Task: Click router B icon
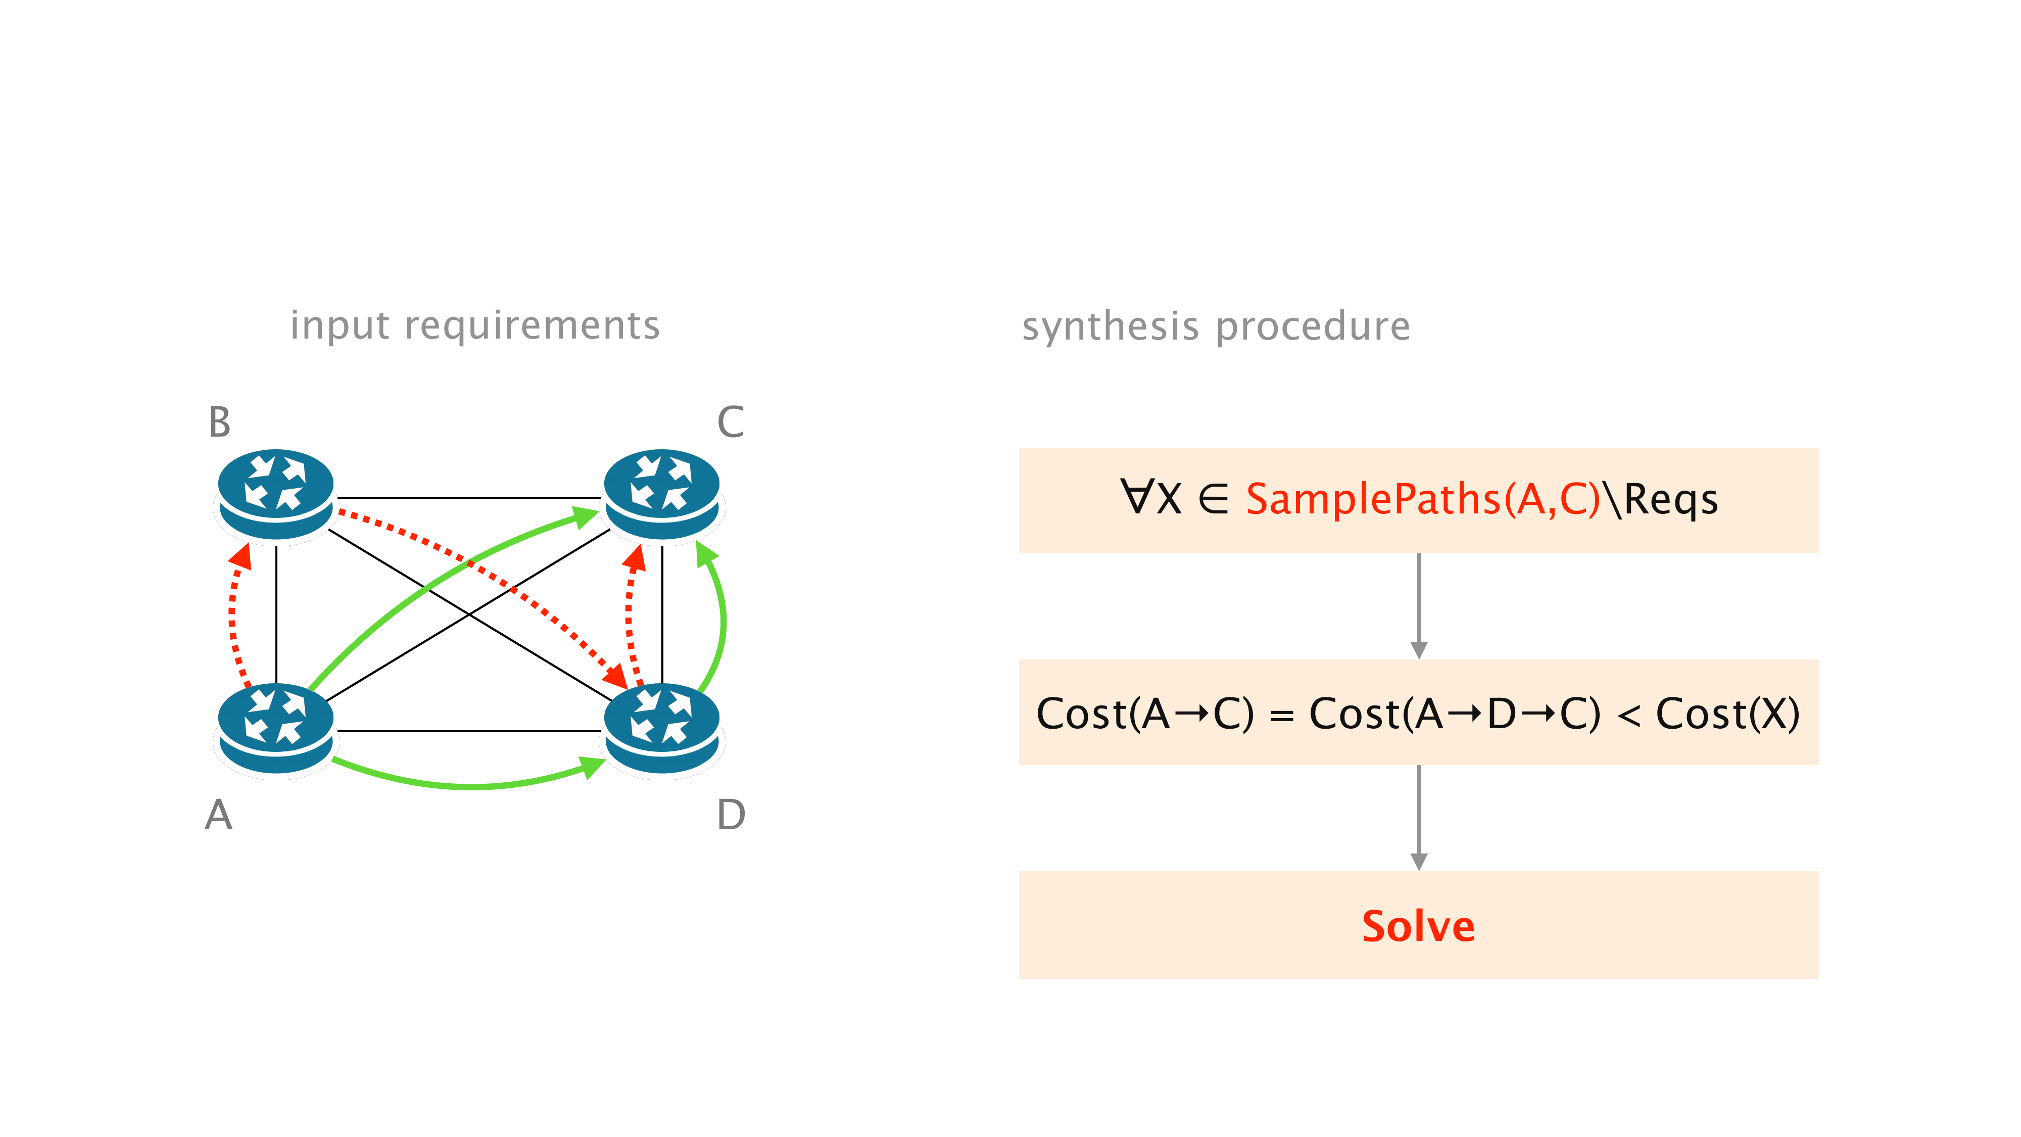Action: pos(275,494)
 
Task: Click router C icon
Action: pos(661,494)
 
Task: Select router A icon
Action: pos(275,729)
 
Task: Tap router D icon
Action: pos(661,729)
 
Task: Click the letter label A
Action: pos(219,815)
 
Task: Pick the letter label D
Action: pos(731,815)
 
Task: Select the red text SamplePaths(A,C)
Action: pos(1422,499)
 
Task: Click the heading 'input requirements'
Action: pos(474,325)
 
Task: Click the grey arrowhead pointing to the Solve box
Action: pos(1418,861)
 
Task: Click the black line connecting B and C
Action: pos(468,497)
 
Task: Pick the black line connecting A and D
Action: pos(468,731)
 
